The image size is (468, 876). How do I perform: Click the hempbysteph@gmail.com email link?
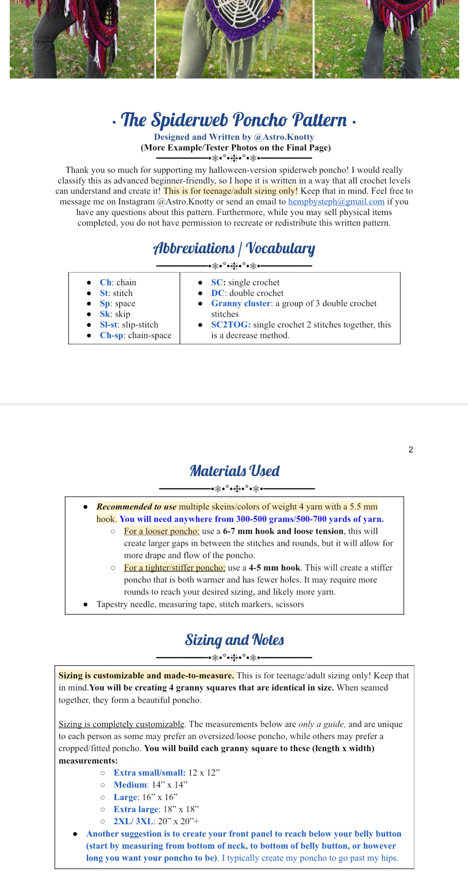coord(336,202)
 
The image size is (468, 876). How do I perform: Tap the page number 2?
coord(411,450)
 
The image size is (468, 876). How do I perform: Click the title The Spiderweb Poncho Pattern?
coord(234,120)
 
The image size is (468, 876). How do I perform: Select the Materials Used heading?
coord(234,471)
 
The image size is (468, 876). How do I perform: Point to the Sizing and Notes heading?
coord(234,640)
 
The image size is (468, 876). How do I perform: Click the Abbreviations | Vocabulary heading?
coord(234,248)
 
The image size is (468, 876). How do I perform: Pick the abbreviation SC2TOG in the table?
coord(230,325)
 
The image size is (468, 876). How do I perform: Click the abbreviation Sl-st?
coord(108,325)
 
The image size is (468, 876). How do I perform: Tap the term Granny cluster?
coord(241,304)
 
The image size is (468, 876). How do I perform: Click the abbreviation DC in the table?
coord(217,293)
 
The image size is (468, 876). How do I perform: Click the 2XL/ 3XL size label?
coord(133,821)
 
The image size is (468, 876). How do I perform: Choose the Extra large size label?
coord(136,809)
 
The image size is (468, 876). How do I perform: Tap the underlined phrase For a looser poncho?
coord(162,531)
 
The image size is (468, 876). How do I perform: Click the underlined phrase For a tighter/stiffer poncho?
coord(174,568)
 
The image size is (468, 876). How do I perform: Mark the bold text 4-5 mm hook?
coord(274,568)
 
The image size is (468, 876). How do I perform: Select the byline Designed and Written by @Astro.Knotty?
coord(234,137)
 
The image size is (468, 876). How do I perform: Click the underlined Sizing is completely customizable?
coord(121,724)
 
